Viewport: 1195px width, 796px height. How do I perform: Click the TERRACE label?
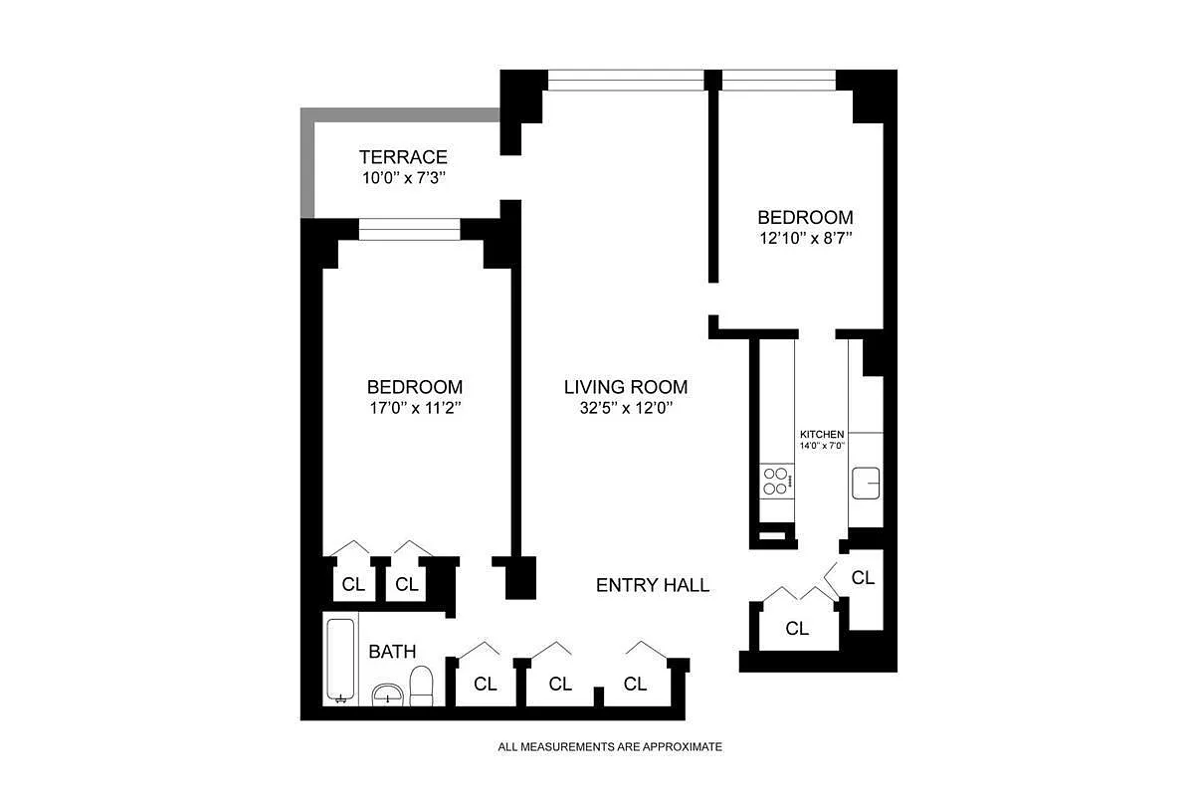(x=403, y=157)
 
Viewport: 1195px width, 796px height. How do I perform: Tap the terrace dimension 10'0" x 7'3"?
(x=404, y=178)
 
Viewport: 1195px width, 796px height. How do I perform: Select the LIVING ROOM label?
(x=626, y=387)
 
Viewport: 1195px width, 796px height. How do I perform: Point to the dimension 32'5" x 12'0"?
(x=626, y=408)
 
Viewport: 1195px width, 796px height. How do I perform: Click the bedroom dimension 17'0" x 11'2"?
(x=415, y=408)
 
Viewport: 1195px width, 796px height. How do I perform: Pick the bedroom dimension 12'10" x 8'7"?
(x=806, y=238)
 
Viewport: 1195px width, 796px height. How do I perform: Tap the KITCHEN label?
(x=822, y=434)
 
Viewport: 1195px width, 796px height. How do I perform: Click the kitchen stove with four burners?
(x=777, y=481)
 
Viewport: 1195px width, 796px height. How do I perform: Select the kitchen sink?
(x=866, y=483)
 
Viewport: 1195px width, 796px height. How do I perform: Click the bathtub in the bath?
(x=340, y=660)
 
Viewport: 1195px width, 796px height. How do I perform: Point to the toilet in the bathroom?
(x=422, y=687)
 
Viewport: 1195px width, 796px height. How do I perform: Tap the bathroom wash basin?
(x=388, y=695)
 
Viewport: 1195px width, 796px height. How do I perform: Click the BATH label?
(x=392, y=652)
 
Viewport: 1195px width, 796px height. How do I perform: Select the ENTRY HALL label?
(x=653, y=585)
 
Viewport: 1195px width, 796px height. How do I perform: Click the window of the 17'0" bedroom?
(x=409, y=230)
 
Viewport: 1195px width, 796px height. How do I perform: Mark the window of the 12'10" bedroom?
(x=779, y=80)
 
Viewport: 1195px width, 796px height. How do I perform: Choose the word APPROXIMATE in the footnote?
(x=683, y=747)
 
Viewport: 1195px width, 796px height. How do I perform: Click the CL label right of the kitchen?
(x=864, y=578)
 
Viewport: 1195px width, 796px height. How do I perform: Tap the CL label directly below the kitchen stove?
(x=797, y=629)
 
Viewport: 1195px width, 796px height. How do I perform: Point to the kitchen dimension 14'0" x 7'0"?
(x=822, y=446)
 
